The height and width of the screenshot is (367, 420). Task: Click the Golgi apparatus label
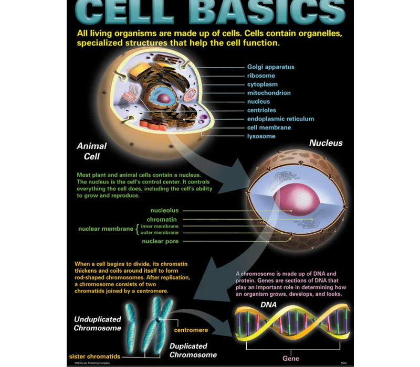[x=270, y=67]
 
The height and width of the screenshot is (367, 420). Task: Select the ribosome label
[x=261, y=75]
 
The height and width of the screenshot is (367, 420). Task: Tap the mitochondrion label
[x=269, y=93]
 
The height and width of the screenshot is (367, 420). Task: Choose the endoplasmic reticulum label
[x=280, y=119]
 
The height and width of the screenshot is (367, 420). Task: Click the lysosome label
[x=261, y=136]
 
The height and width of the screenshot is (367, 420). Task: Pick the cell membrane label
[x=269, y=127]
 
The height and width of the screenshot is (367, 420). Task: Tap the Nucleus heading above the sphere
[x=325, y=143]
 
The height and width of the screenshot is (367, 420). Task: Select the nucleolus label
[x=164, y=210]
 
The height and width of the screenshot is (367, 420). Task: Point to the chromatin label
[x=162, y=219]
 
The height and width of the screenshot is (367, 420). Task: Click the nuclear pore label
[x=160, y=241]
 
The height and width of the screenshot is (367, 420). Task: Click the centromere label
[x=191, y=330]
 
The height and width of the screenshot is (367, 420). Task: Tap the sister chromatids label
[x=94, y=357]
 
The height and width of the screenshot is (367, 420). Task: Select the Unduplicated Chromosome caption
[x=97, y=323]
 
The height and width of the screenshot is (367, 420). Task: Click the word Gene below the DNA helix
[x=291, y=359]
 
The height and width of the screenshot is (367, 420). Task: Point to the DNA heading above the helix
[x=269, y=305]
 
